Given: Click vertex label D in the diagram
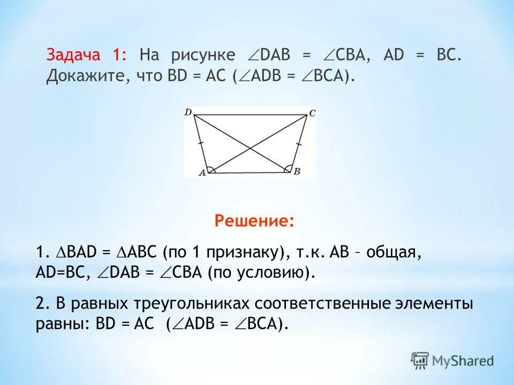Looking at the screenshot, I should pos(188,112).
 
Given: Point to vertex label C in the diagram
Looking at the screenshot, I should pos(312,112).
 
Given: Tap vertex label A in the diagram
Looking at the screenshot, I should pos(202,173).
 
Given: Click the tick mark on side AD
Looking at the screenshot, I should pos(200,143).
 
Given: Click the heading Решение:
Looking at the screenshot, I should pos(254,221).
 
